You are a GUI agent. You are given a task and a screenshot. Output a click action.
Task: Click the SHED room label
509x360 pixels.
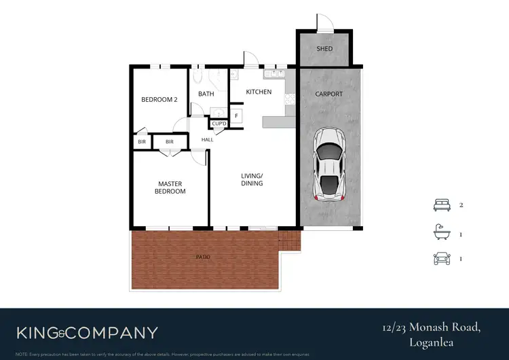(324, 49)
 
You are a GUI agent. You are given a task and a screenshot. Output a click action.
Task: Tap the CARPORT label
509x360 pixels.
(330, 94)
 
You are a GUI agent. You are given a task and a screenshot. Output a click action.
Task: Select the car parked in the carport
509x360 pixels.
(329, 164)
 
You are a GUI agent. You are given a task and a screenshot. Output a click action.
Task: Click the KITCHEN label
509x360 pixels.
(259, 92)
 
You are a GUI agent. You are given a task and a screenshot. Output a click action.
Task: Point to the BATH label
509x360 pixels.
(206, 94)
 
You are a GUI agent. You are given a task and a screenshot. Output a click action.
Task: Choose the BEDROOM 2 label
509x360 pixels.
(159, 100)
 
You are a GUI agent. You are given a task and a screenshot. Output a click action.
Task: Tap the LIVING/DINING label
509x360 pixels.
(252, 179)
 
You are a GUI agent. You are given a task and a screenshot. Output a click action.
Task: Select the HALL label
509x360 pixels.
(207, 140)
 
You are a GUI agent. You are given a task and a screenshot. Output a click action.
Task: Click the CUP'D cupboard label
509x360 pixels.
(219, 124)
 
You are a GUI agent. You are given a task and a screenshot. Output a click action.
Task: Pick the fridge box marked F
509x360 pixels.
(236, 115)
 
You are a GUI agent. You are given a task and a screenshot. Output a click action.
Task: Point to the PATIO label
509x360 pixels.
(204, 257)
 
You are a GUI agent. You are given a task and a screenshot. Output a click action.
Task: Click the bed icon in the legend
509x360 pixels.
(442, 205)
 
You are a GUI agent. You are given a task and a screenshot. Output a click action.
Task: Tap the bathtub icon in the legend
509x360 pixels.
(442, 233)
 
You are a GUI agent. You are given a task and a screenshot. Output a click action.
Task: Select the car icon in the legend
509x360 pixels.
(442, 259)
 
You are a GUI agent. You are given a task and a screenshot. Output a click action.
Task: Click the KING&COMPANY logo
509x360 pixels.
(87, 333)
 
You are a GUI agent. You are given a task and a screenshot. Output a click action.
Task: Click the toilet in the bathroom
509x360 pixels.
(198, 75)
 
